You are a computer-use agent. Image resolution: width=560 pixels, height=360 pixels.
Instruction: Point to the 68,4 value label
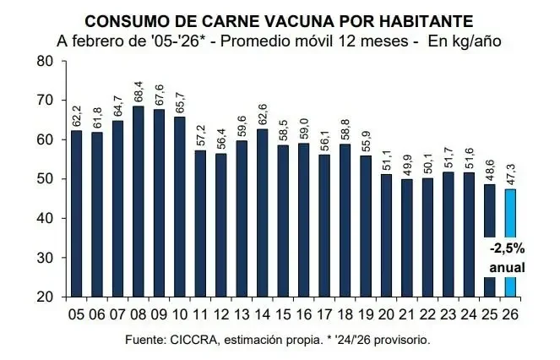(139, 90)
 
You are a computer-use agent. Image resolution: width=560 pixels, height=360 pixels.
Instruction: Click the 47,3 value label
(510, 173)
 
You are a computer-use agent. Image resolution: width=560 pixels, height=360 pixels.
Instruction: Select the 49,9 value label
(406, 163)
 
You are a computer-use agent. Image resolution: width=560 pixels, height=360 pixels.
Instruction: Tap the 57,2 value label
(200, 134)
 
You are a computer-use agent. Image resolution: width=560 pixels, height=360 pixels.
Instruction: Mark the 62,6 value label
(262, 113)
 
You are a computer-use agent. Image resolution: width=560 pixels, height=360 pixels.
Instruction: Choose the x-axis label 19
(365, 314)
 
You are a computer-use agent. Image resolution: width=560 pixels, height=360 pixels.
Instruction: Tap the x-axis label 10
(180, 314)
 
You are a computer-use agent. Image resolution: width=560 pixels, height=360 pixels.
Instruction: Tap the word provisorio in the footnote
(400, 340)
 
